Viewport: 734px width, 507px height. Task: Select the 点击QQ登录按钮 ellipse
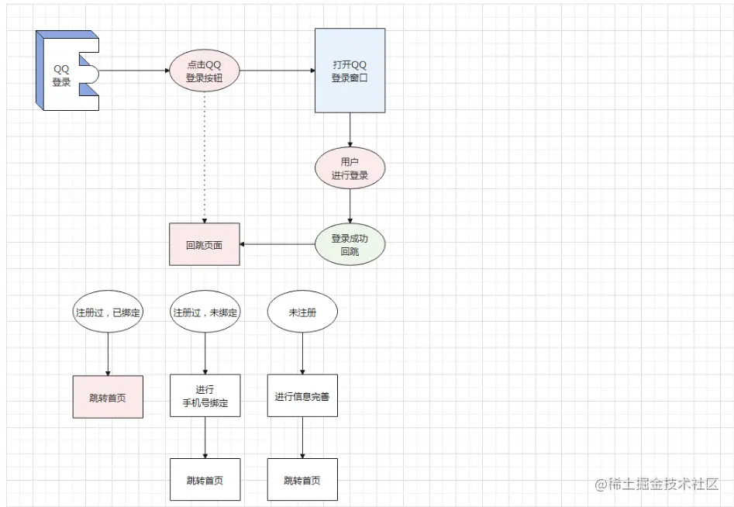point(205,71)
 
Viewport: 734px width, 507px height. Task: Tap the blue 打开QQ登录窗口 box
point(350,71)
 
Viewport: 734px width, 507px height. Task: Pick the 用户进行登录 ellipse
point(350,169)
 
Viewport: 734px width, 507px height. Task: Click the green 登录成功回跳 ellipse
point(350,245)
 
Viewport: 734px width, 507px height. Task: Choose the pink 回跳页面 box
point(205,245)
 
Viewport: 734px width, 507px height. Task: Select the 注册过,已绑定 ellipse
point(108,312)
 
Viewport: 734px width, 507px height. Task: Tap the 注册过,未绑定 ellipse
point(205,312)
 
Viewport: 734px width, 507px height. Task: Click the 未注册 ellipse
point(302,312)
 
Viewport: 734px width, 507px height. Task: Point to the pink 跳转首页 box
point(108,398)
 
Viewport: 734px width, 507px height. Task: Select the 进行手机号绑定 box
point(205,396)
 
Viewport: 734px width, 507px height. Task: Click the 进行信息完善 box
point(302,396)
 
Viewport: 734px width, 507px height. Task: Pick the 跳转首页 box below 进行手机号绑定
point(205,479)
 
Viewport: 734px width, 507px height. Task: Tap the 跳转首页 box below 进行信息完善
point(302,479)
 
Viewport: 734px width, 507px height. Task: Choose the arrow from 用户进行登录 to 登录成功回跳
point(350,207)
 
